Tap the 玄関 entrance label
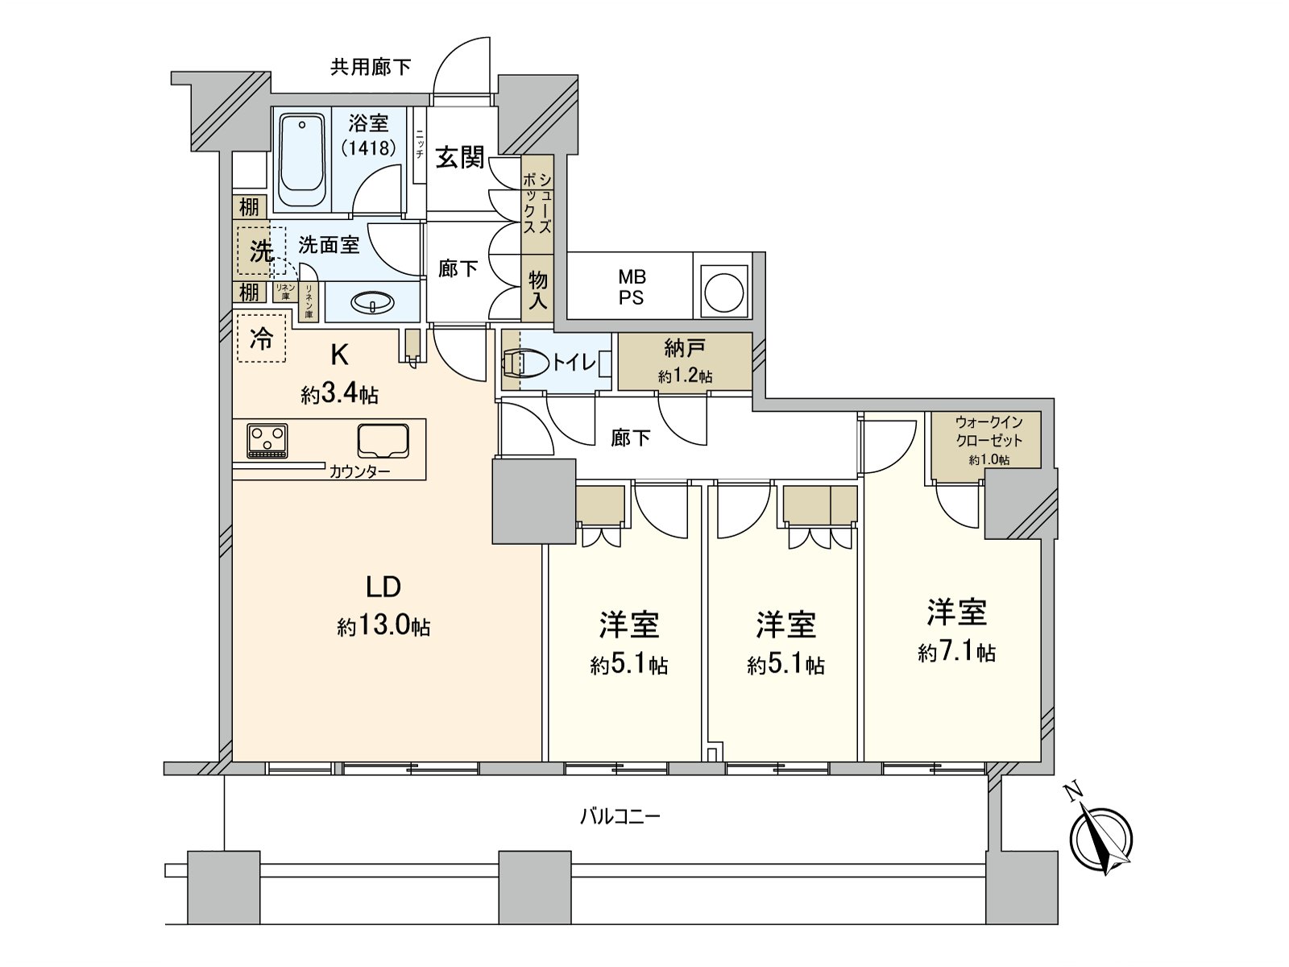(x=460, y=157)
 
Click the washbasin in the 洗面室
(x=372, y=303)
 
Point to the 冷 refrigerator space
(x=261, y=339)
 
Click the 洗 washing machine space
(x=261, y=251)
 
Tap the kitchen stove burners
(x=267, y=441)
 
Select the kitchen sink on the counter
(x=383, y=441)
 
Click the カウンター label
(x=359, y=471)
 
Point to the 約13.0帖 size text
(x=383, y=626)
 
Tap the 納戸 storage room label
(x=685, y=348)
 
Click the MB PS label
(x=632, y=287)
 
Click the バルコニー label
(x=620, y=816)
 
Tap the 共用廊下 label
(x=371, y=67)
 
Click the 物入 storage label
(x=537, y=290)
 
